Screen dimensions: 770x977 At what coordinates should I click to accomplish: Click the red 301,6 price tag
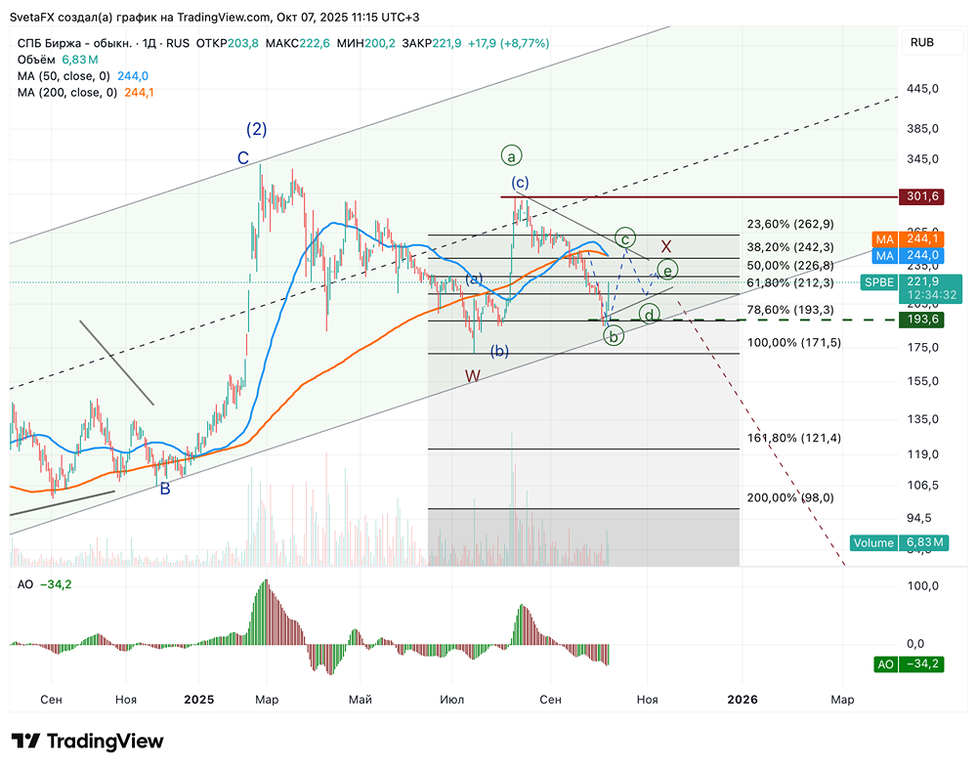coord(923,196)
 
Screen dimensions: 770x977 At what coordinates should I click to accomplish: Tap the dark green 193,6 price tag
coord(923,320)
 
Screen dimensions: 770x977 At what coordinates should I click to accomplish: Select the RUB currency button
coord(921,42)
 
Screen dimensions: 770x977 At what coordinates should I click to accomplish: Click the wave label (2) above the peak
coord(256,129)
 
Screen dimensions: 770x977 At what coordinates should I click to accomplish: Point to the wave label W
coord(473,376)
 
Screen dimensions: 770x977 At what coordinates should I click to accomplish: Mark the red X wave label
coord(666,246)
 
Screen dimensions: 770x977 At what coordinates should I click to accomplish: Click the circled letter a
coord(512,154)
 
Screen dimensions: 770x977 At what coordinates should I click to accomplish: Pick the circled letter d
coord(648,315)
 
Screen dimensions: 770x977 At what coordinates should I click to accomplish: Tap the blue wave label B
coord(165,489)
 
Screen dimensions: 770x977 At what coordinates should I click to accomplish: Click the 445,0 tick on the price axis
coord(922,89)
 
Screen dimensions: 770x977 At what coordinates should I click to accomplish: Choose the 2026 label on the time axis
coord(743,700)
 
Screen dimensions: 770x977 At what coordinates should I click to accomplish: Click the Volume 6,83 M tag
coord(898,542)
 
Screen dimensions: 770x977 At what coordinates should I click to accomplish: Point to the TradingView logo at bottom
coord(87,742)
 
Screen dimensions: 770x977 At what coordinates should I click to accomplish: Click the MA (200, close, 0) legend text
coord(66,93)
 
